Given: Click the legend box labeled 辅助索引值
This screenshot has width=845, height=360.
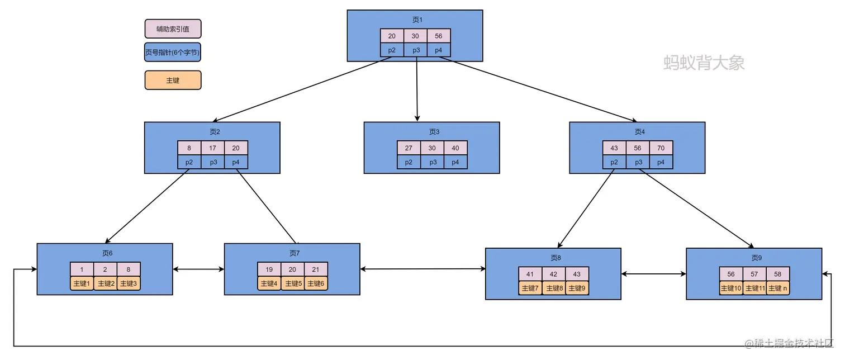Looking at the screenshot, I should (173, 29).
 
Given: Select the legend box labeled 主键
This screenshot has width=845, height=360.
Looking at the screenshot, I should (173, 80).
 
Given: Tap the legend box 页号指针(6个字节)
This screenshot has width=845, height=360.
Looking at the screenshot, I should (173, 53).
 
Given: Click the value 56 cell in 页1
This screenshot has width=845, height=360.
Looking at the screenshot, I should (438, 36).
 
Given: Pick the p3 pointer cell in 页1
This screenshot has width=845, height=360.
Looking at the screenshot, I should (415, 50).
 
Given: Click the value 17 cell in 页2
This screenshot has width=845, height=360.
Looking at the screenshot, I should (212, 148).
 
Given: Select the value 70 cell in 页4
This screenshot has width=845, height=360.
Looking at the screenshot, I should (661, 148).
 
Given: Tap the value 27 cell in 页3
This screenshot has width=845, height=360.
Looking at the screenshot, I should (409, 148).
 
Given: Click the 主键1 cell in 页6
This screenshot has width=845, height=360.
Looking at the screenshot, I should (82, 283).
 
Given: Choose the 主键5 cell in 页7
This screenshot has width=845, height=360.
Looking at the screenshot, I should (292, 283).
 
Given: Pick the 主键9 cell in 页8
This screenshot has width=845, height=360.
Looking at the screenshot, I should (577, 288).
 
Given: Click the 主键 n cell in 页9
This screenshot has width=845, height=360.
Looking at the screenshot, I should (777, 288).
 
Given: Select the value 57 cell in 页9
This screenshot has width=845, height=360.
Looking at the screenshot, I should (754, 274).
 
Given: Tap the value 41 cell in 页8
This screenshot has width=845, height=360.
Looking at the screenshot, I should (530, 274).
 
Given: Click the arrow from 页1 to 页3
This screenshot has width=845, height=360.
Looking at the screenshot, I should (417, 89).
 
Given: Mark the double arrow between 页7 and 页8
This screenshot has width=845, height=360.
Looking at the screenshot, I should (422, 269).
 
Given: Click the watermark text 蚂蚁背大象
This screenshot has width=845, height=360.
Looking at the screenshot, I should (704, 62).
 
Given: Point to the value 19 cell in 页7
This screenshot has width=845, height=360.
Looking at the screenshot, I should (269, 269).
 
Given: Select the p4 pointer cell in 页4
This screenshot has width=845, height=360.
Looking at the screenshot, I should (661, 162).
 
